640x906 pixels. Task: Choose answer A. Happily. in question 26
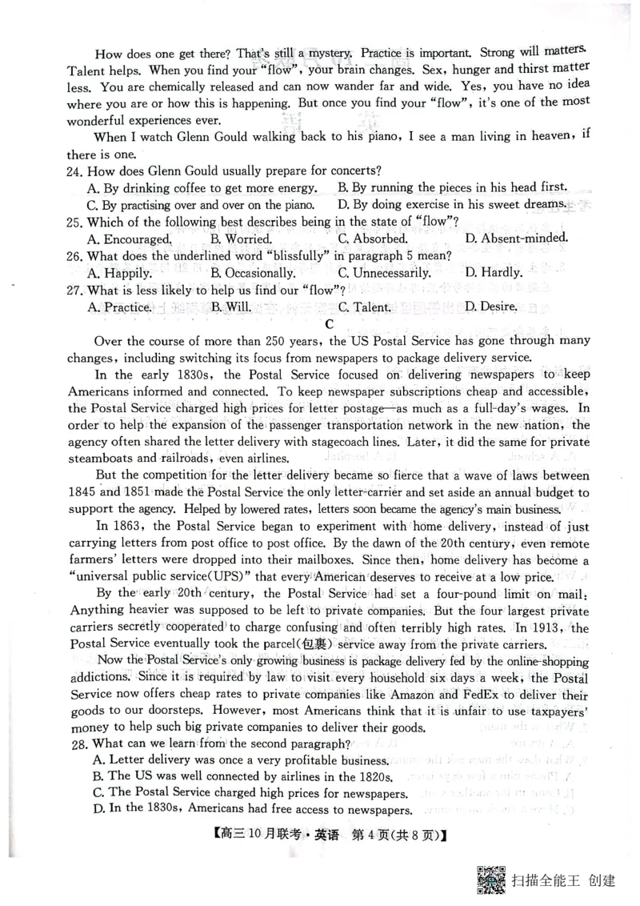[119, 272]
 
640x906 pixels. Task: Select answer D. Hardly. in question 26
[493, 272]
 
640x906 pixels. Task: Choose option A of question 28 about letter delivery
[240, 760]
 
